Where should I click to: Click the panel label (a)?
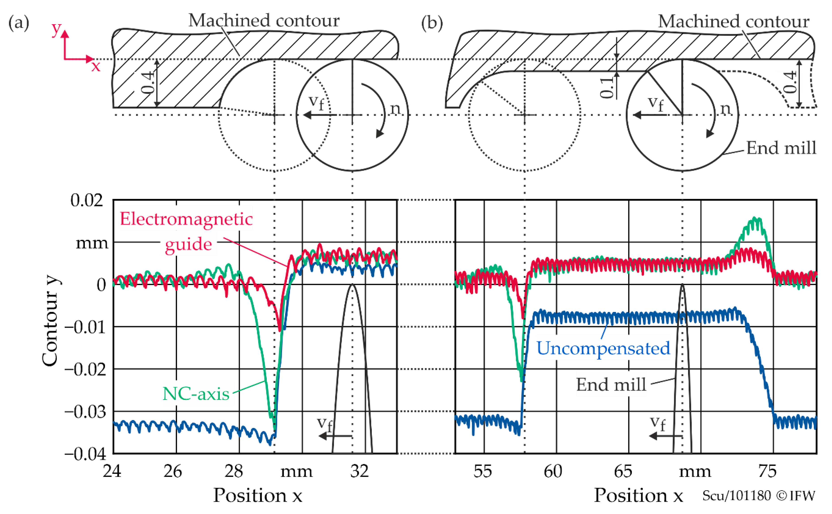tap(19, 23)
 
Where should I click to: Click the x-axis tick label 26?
tap(173, 471)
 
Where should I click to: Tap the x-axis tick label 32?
tap(359, 471)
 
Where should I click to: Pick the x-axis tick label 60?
tap(553, 471)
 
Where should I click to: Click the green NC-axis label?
tap(196, 394)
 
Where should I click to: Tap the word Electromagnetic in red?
tap(186, 219)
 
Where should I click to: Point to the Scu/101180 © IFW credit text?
tap(759, 496)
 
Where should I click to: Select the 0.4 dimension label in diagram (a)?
tap(148, 82)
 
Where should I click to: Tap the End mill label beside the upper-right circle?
tap(781, 148)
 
